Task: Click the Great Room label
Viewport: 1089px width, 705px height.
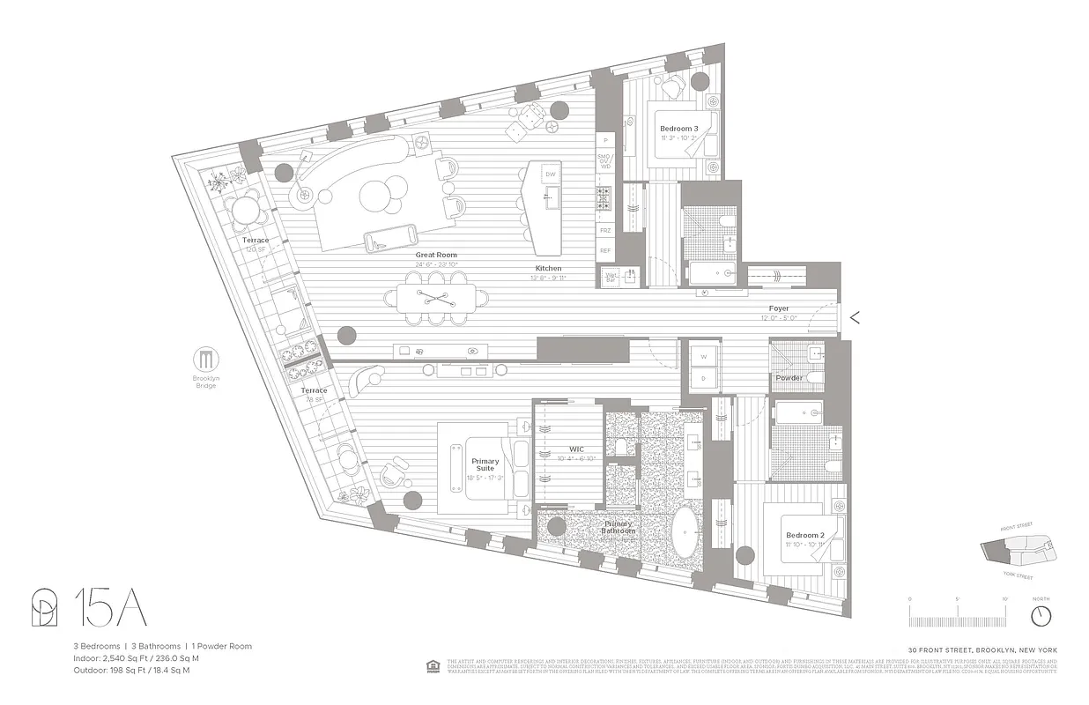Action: click(x=436, y=255)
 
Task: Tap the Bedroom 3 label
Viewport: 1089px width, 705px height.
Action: click(x=678, y=129)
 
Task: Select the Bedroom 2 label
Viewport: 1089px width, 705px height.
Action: click(x=804, y=536)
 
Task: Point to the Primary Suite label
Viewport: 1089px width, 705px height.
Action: click(x=485, y=465)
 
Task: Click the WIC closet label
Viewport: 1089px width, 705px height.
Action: click(x=577, y=449)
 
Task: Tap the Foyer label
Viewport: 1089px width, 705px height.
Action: click(x=778, y=308)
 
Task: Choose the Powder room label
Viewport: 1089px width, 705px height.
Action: click(x=789, y=378)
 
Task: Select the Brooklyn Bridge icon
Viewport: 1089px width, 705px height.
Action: click(x=205, y=360)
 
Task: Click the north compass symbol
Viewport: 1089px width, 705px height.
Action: click(x=1041, y=613)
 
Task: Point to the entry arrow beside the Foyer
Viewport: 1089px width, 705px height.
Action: click(x=853, y=318)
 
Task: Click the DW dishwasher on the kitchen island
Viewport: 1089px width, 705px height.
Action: click(x=551, y=174)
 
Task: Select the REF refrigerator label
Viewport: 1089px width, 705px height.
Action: click(x=605, y=250)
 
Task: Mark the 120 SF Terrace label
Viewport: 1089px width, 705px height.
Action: click(x=256, y=244)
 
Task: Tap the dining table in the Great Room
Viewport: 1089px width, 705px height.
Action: click(x=438, y=298)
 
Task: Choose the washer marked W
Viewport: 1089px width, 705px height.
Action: click(x=703, y=357)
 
